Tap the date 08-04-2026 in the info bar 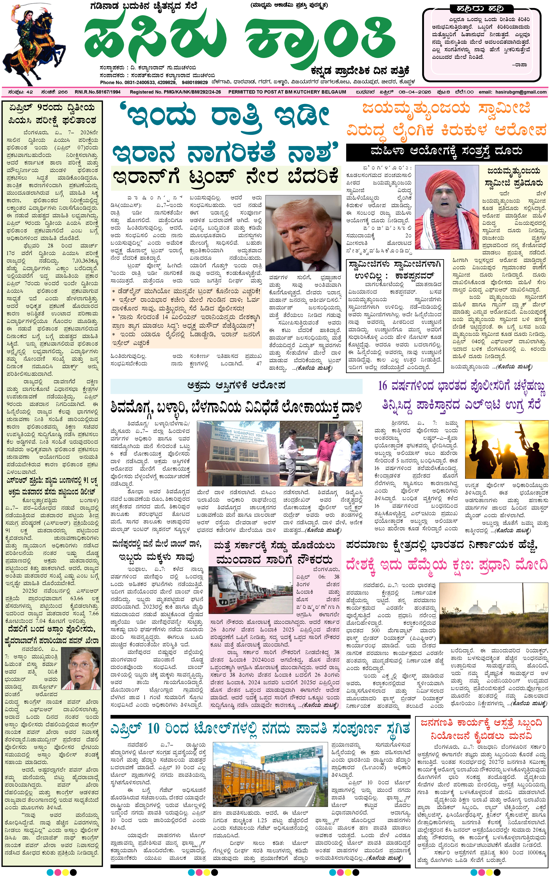tap(415, 92)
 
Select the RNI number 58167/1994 tap(97, 92)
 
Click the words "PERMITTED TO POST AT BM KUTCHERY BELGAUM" tap(287, 92)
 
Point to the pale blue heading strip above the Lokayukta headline tap(236, 386)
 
